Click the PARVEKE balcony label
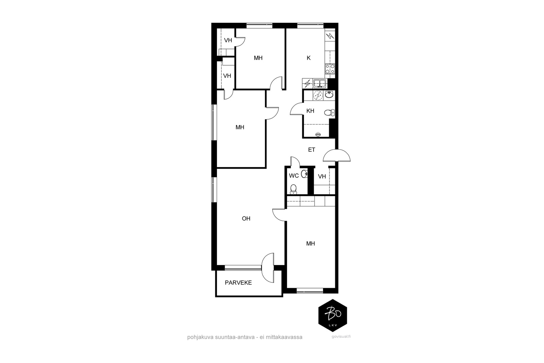click(238, 283)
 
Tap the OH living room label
click(246, 219)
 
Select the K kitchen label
click(309, 58)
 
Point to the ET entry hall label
click(311, 150)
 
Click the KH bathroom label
click(310, 111)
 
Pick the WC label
click(294, 176)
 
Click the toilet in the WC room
click(293, 189)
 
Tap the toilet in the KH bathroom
click(329, 113)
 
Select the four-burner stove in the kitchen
click(330, 69)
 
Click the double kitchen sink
click(320, 84)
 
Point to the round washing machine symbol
click(318, 96)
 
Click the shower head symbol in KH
click(318, 134)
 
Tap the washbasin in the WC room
click(304, 174)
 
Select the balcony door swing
click(268, 267)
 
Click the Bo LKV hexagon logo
click(333, 315)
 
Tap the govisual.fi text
click(341, 337)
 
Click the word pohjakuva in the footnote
click(200, 337)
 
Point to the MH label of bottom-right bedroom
click(310, 244)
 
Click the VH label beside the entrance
click(322, 177)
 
